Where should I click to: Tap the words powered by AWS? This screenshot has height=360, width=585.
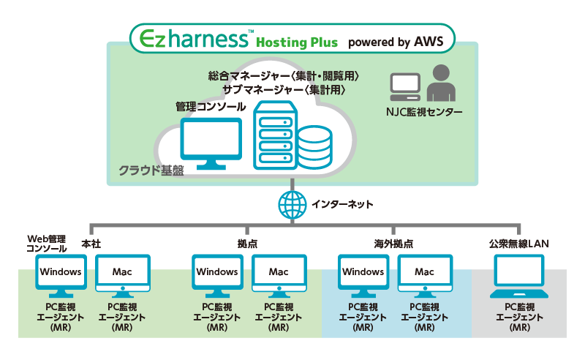click(x=395, y=41)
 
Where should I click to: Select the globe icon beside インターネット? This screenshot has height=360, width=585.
click(x=292, y=205)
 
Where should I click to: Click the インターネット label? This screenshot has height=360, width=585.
click(x=339, y=204)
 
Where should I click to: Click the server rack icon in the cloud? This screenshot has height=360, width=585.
click(x=274, y=136)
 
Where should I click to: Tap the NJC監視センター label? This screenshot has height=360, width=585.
click(x=424, y=112)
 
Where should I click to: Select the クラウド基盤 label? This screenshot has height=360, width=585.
click(x=151, y=170)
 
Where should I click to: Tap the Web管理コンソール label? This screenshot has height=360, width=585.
click(x=47, y=244)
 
